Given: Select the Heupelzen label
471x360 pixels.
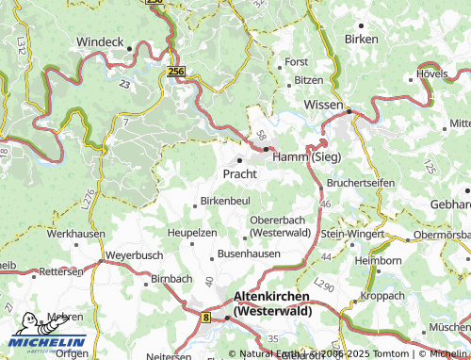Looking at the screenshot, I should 192,231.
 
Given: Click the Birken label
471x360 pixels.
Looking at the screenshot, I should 361,40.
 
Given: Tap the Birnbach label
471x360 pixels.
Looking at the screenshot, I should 170,280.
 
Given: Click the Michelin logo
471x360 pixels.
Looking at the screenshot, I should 44,343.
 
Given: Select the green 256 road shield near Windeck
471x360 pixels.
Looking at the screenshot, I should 174,72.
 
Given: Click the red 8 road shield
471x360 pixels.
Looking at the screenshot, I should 206,319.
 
